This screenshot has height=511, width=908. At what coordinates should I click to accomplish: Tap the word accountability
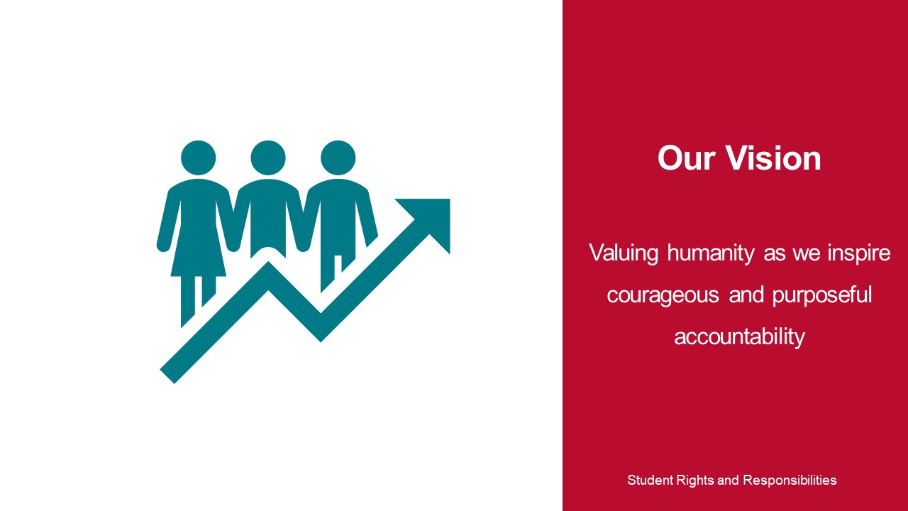[739, 337]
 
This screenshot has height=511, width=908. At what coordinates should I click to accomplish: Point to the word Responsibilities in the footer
[790, 480]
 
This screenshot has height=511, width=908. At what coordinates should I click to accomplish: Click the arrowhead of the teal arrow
[430, 219]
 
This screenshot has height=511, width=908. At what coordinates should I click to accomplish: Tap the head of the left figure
[198, 158]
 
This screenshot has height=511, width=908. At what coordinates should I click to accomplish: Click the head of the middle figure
[268, 158]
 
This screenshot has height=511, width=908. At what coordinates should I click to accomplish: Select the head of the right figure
[338, 158]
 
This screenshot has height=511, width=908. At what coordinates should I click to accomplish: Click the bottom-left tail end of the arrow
[167, 376]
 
